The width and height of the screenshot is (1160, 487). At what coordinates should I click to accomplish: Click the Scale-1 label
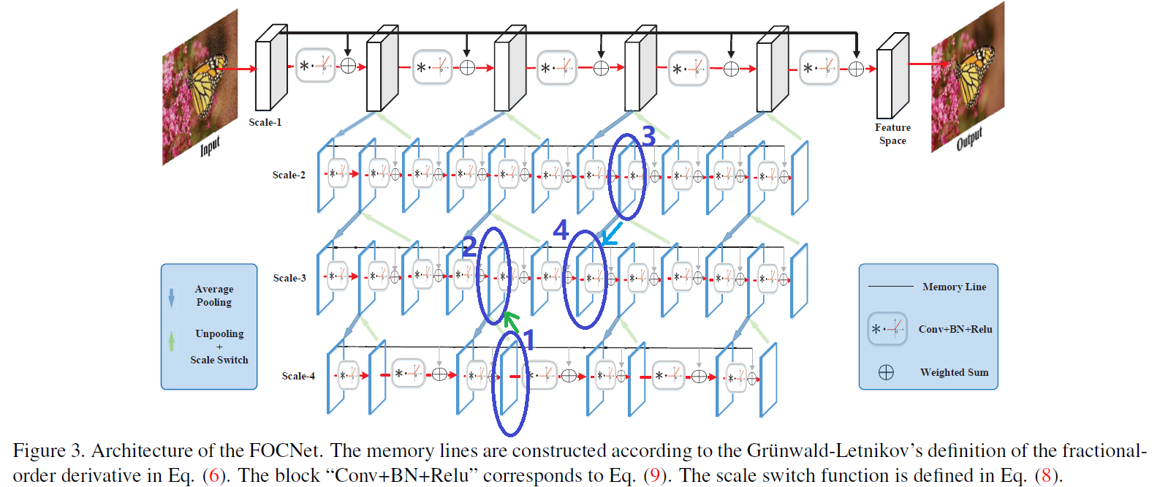click(x=265, y=122)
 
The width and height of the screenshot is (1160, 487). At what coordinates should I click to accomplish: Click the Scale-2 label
click(x=289, y=175)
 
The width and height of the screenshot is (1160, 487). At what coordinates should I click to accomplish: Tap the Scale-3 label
click(x=289, y=278)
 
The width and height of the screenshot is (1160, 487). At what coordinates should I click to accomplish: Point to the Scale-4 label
click(x=298, y=376)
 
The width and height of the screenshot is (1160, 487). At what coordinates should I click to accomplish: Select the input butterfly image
click(x=200, y=86)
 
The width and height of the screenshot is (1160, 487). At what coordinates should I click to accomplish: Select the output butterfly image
click(x=967, y=77)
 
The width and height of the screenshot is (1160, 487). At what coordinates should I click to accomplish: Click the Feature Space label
click(x=892, y=134)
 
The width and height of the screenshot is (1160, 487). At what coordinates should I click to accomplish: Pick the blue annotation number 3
click(x=648, y=136)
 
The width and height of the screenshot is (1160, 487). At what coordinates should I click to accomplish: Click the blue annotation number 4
click(x=561, y=230)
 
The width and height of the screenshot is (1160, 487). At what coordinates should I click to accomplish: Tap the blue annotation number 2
click(x=470, y=246)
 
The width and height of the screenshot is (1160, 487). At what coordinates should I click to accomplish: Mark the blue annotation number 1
click(x=528, y=340)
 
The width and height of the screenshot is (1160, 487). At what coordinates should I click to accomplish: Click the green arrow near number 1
click(x=511, y=320)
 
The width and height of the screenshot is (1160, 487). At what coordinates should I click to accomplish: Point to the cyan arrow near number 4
click(x=610, y=235)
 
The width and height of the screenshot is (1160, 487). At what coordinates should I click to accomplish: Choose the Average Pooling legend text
click(x=214, y=295)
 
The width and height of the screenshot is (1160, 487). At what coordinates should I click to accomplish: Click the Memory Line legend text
click(x=954, y=287)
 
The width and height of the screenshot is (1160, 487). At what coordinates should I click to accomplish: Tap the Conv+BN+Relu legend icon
click(x=887, y=329)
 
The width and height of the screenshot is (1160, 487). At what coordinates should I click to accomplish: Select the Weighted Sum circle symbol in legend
click(x=886, y=373)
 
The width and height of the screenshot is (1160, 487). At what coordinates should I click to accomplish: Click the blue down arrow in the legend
click(x=172, y=297)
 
